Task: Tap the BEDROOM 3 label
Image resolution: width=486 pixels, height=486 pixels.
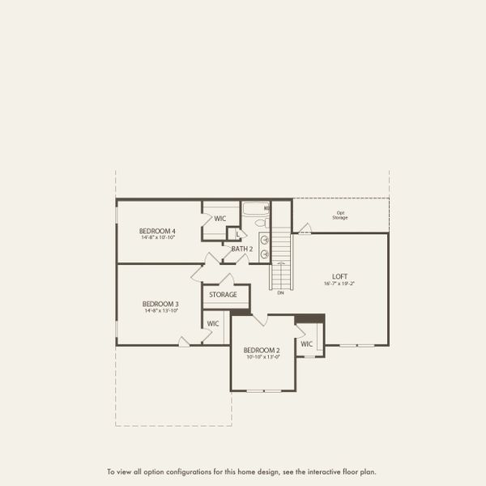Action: [161, 304]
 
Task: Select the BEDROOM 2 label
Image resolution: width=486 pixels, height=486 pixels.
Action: [262, 350]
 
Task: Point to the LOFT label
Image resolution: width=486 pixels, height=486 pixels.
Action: [340, 275]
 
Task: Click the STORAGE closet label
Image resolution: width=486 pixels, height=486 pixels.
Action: [223, 295]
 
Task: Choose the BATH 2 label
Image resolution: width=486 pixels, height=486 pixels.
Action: [242, 249]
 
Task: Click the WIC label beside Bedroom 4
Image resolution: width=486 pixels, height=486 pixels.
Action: [220, 219]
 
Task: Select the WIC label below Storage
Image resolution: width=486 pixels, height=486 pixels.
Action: [213, 323]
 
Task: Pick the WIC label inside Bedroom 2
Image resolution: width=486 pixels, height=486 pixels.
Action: [306, 343]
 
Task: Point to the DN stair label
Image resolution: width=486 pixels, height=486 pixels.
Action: [280, 292]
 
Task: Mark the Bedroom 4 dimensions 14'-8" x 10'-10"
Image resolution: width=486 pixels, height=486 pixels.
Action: [158, 238]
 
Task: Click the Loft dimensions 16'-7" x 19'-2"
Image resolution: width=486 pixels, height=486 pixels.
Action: [340, 283]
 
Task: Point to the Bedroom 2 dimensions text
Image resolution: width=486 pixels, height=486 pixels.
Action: [262, 357]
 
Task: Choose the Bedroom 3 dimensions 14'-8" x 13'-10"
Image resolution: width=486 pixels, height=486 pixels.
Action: [161, 311]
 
